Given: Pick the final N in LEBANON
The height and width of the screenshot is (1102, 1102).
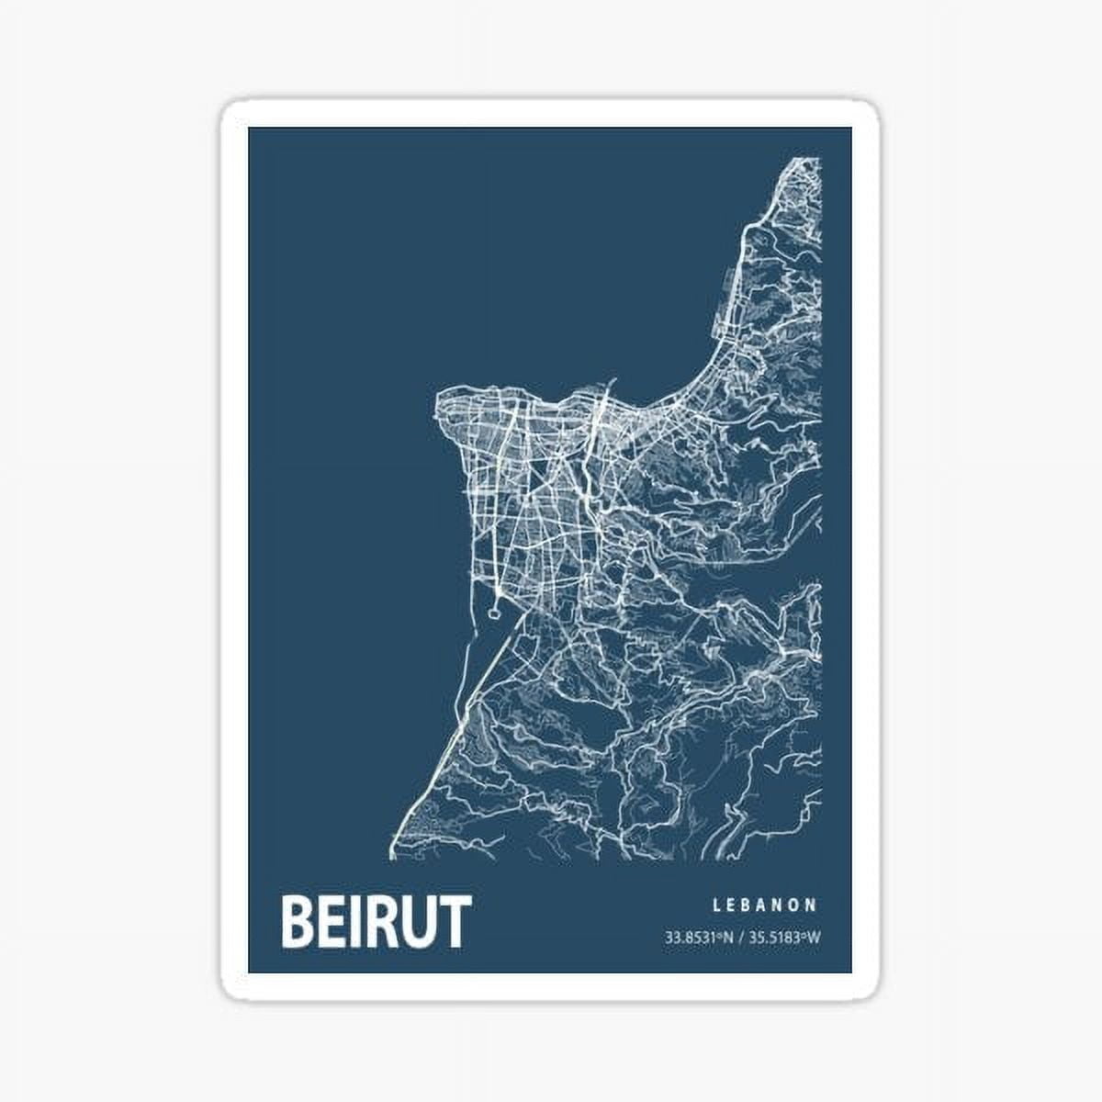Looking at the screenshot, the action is [812, 905].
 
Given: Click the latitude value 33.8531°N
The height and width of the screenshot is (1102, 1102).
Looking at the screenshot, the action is [699, 939].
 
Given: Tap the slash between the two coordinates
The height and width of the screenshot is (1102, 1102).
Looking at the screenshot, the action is [740, 939].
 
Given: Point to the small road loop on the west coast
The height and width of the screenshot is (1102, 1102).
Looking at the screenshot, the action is [497, 605].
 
